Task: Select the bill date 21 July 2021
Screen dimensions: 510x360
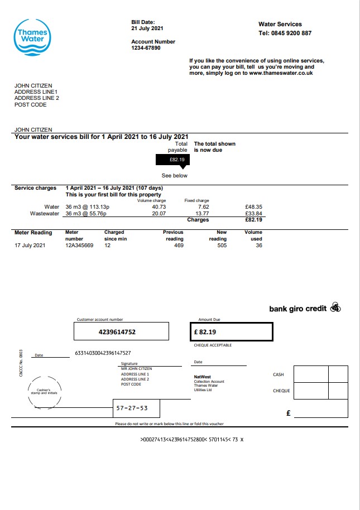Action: [x=147, y=28]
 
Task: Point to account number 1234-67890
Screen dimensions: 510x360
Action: [x=146, y=48]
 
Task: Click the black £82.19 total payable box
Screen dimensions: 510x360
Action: [x=173, y=160]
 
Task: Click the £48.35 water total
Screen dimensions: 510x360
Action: [x=254, y=207]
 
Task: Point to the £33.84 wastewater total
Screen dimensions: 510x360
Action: [x=254, y=213]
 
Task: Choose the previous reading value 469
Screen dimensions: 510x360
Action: [x=179, y=246]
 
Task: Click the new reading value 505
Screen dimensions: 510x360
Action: [x=222, y=246]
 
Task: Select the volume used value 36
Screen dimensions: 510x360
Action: [x=258, y=246]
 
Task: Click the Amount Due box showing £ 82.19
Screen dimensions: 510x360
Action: [x=231, y=332]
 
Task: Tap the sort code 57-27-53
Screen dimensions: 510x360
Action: [x=132, y=408]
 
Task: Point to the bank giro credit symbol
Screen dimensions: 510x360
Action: [x=335, y=307]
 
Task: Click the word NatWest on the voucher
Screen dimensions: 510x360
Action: [x=202, y=377]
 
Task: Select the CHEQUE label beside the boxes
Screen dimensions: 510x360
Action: [x=281, y=391]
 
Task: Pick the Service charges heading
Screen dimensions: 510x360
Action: [x=35, y=188]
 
